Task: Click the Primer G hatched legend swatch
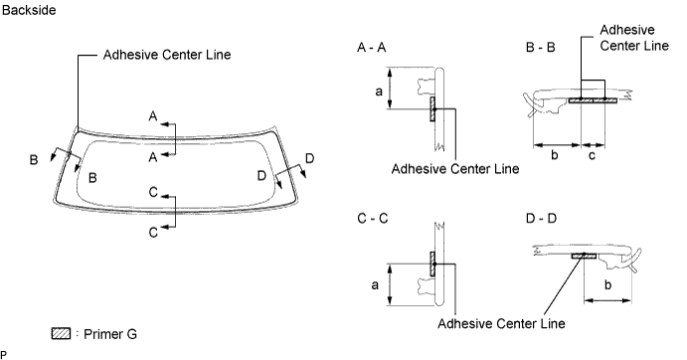[61, 333]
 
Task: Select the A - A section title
[373, 48]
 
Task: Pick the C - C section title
[373, 217]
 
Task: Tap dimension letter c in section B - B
[593, 155]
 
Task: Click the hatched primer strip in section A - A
[432, 109]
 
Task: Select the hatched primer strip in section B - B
[593, 99]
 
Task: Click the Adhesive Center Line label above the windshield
[167, 55]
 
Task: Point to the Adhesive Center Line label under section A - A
[455, 168]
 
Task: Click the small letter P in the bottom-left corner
[4, 353]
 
